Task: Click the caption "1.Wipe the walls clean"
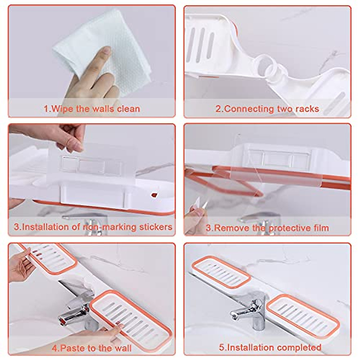[92, 108]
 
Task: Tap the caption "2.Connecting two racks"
[267, 108]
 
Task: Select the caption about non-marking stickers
[93, 227]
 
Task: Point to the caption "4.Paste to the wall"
[92, 348]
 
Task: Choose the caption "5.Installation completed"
[270, 347]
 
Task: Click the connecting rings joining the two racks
[271, 69]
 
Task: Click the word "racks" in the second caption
[307, 108]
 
